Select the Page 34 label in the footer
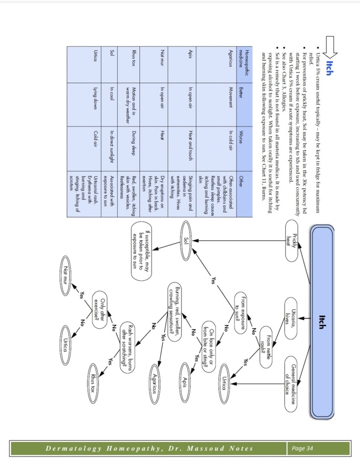pyautogui.click(x=303, y=448)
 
